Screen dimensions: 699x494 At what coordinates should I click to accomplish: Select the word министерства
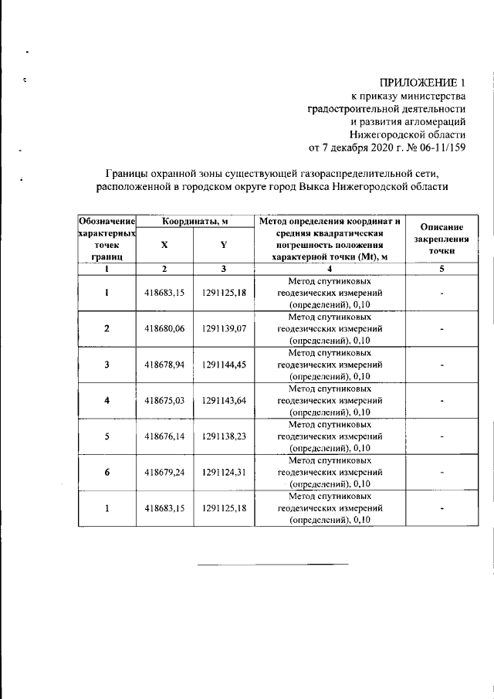pos(435,96)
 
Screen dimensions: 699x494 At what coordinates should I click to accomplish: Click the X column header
pos(164,244)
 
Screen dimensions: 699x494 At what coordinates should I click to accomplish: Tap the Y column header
pos(223,244)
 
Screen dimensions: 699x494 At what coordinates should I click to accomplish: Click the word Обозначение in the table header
pos(107,222)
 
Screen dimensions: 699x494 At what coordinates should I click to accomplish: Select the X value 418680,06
pos(164,328)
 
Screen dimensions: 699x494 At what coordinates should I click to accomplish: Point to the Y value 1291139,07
pos(224,328)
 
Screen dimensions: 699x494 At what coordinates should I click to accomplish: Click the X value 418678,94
pos(164,364)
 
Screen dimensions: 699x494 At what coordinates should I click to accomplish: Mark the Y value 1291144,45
pos(224,364)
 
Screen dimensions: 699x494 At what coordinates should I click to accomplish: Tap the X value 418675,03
pos(164,400)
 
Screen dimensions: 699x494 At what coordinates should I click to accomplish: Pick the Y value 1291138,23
pos(224,436)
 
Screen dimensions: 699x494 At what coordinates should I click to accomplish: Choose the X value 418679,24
pos(164,472)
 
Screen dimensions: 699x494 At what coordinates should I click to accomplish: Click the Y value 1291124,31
pos(224,472)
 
